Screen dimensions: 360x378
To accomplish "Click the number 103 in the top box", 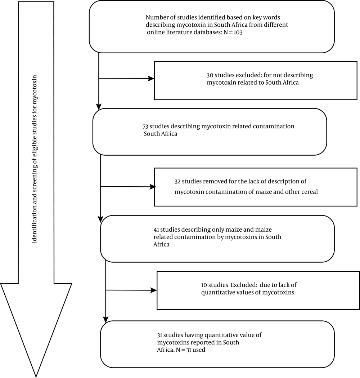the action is coord(238,32).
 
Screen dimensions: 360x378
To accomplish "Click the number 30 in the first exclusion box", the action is coord(210,75).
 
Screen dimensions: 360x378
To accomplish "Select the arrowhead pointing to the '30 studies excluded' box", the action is coord(151,79).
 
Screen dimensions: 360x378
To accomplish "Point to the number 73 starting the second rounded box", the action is coord(145,126).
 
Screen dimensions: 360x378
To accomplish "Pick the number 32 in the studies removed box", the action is coord(177,182).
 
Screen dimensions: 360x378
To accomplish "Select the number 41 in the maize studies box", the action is coord(157,230).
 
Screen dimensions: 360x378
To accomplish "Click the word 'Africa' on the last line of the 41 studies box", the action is coord(161,244).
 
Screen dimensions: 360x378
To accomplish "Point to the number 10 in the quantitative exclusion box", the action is coord(204,285).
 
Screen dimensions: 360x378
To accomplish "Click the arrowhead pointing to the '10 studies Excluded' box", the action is coord(154,290).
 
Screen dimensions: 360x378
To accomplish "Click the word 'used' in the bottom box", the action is coord(199,350).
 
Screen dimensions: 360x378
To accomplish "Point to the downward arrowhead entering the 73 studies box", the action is coord(99,107).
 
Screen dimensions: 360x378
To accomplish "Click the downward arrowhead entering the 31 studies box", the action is coord(105,320).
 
